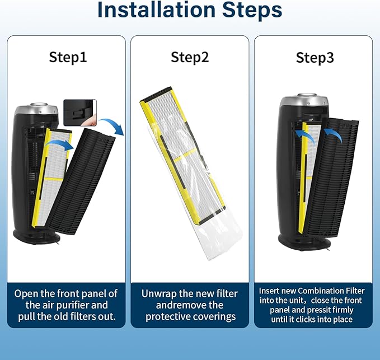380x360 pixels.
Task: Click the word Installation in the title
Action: [x=156, y=10]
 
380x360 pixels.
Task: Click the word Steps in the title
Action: [x=252, y=10]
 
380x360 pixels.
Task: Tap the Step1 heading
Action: [x=68, y=57]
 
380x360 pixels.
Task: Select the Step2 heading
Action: [x=190, y=57]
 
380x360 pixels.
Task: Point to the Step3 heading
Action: [x=315, y=58]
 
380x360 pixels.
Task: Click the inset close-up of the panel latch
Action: [x=80, y=113]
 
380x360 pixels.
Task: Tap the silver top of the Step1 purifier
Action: [x=36, y=110]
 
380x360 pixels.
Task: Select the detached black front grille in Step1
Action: [x=81, y=181]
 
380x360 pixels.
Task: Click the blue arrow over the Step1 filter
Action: [x=59, y=145]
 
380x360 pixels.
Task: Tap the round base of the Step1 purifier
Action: [x=36, y=236]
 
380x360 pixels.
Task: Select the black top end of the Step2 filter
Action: [x=156, y=94]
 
